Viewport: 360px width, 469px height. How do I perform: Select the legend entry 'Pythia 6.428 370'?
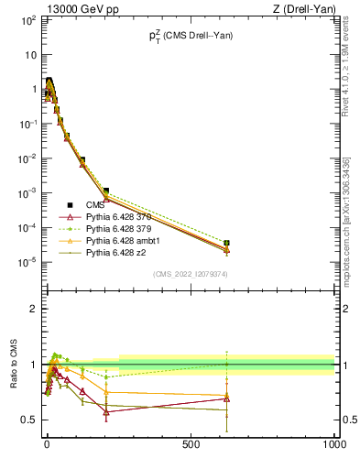point(117,216)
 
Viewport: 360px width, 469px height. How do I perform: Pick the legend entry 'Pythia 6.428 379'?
point(117,228)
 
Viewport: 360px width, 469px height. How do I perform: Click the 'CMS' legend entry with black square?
point(94,204)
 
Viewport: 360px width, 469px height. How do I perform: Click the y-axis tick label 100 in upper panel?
point(29,19)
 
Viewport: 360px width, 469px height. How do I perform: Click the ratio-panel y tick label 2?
point(33,309)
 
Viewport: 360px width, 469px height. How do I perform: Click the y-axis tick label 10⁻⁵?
point(29,262)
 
